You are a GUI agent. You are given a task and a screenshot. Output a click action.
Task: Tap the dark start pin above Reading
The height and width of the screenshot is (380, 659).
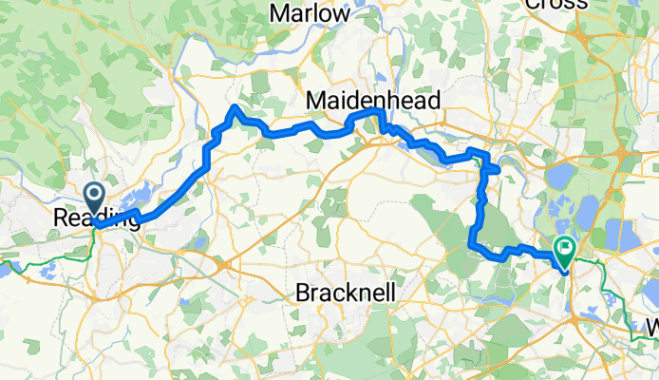tap(95, 198)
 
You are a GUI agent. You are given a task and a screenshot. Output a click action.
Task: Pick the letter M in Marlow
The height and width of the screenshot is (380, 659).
tap(279, 13)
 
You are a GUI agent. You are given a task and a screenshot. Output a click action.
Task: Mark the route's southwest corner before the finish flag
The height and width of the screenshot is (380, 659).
tap(472, 247)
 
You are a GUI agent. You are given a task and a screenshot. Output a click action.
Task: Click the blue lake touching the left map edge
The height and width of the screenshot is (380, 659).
tap(5, 269)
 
